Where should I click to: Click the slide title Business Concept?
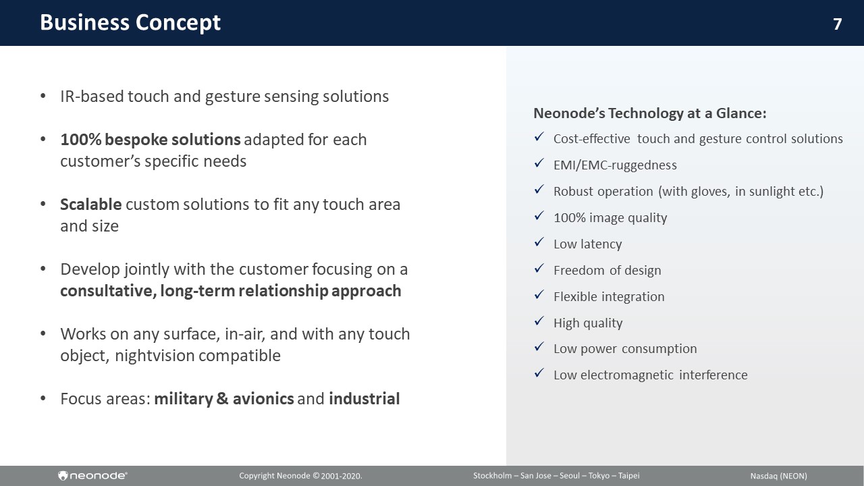click(130, 22)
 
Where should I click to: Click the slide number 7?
click(837, 24)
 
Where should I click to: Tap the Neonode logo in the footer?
click(92, 476)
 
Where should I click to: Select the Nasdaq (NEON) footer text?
click(778, 476)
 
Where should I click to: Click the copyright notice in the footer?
click(300, 476)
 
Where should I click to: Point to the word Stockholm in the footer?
click(492, 476)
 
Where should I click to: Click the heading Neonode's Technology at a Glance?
click(650, 113)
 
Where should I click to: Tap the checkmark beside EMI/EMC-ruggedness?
click(539, 163)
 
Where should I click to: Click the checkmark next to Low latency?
click(539, 242)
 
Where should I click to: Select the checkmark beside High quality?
click(539, 321)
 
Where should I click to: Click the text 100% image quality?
click(610, 218)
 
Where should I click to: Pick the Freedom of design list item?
click(607, 271)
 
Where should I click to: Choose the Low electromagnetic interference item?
click(650, 375)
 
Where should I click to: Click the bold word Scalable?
click(91, 205)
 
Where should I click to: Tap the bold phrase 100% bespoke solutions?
click(151, 140)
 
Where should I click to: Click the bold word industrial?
click(364, 399)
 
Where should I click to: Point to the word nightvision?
click(157, 356)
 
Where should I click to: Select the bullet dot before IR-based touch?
click(43, 96)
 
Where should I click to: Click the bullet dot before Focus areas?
click(43, 398)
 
